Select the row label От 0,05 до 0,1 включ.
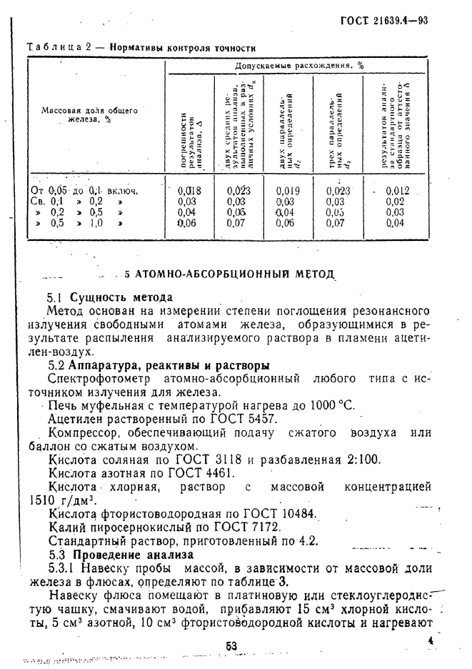tap(84, 191)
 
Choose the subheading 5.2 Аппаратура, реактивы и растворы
tap(158, 365)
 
